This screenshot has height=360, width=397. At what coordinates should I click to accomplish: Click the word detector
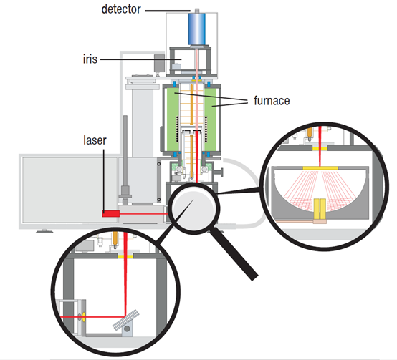click(x=121, y=9)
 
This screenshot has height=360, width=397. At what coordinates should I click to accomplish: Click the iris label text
click(x=90, y=59)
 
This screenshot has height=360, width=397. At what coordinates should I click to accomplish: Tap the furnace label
click(x=272, y=101)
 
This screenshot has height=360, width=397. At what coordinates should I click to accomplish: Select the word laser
click(x=95, y=140)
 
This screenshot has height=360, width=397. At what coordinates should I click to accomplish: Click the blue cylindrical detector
click(x=197, y=29)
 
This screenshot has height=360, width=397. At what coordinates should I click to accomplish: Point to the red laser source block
click(x=111, y=213)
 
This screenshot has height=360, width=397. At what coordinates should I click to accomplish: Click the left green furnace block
click(x=172, y=119)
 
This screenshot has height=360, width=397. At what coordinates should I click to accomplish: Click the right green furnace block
click(x=211, y=119)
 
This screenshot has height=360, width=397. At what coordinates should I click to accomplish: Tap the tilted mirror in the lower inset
click(x=126, y=320)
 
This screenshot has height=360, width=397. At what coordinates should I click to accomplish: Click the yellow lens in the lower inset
click(x=84, y=317)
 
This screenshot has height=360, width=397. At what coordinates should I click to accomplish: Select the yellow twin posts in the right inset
click(x=320, y=208)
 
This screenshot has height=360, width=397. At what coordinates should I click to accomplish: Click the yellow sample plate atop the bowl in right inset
click(x=320, y=168)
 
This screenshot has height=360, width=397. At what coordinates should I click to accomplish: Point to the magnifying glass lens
click(x=194, y=208)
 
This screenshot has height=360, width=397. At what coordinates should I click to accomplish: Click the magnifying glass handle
click(x=234, y=253)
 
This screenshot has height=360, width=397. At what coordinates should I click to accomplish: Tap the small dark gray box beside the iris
click(x=159, y=63)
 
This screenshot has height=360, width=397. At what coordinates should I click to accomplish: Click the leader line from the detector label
click(x=168, y=11)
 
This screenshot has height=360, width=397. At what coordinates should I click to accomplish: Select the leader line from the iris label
click(x=141, y=59)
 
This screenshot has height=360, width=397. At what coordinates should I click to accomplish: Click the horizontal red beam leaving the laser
click(x=143, y=214)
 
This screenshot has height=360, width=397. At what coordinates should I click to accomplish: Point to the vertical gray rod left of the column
click(x=125, y=160)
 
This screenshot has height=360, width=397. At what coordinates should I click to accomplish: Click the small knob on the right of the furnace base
click(x=219, y=172)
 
